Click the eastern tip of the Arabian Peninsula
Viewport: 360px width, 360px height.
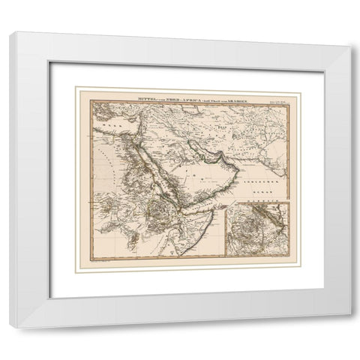click(238, 171)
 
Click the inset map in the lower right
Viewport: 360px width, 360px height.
click(259, 229)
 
